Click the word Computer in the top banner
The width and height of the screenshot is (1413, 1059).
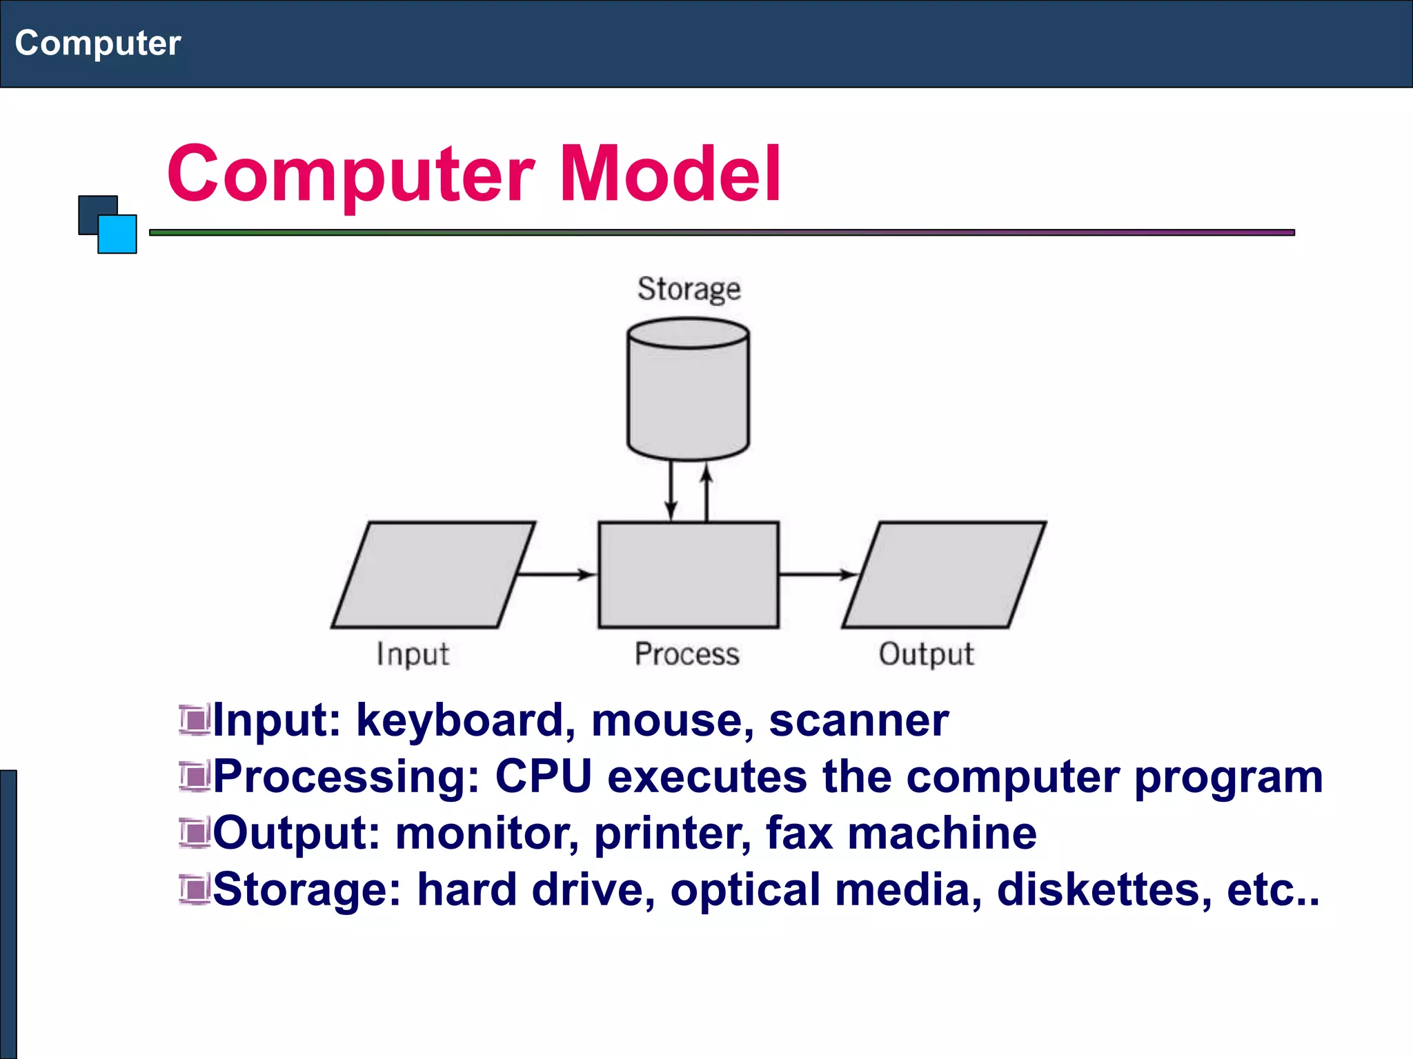[x=97, y=43]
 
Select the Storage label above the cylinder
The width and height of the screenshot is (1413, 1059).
[x=689, y=289]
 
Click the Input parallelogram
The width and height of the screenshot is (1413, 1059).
[x=433, y=574]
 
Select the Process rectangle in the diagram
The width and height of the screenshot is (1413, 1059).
[x=688, y=574]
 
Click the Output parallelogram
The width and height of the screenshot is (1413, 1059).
[x=944, y=574]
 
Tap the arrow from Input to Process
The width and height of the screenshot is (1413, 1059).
[x=556, y=574]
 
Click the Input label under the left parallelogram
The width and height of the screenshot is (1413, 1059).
[x=413, y=654]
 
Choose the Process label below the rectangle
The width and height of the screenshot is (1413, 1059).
[x=686, y=654]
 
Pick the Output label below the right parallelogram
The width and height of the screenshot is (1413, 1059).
[x=926, y=654]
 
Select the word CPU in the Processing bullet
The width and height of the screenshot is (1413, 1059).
[x=543, y=777]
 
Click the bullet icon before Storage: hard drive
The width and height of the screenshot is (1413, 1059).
[x=194, y=889]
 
